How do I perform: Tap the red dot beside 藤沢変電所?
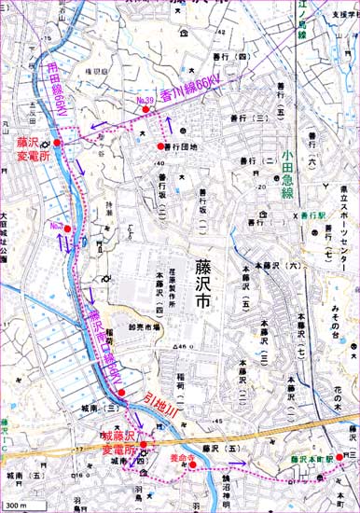pos(57,143)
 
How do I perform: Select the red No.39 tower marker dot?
pos(146,112)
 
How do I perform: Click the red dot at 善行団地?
pos(157,146)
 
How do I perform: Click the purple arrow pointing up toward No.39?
pos(170,127)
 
